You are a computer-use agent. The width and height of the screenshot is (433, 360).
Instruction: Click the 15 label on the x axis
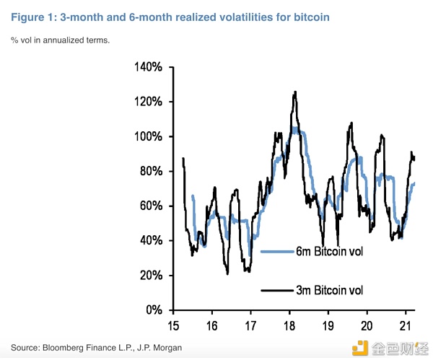click(174, 325)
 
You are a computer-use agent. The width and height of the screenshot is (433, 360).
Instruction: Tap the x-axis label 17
click(250, 325)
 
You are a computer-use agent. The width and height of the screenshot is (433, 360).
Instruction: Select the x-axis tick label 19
click(327, 325)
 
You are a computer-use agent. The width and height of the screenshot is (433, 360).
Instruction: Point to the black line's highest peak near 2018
click(294, 92)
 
